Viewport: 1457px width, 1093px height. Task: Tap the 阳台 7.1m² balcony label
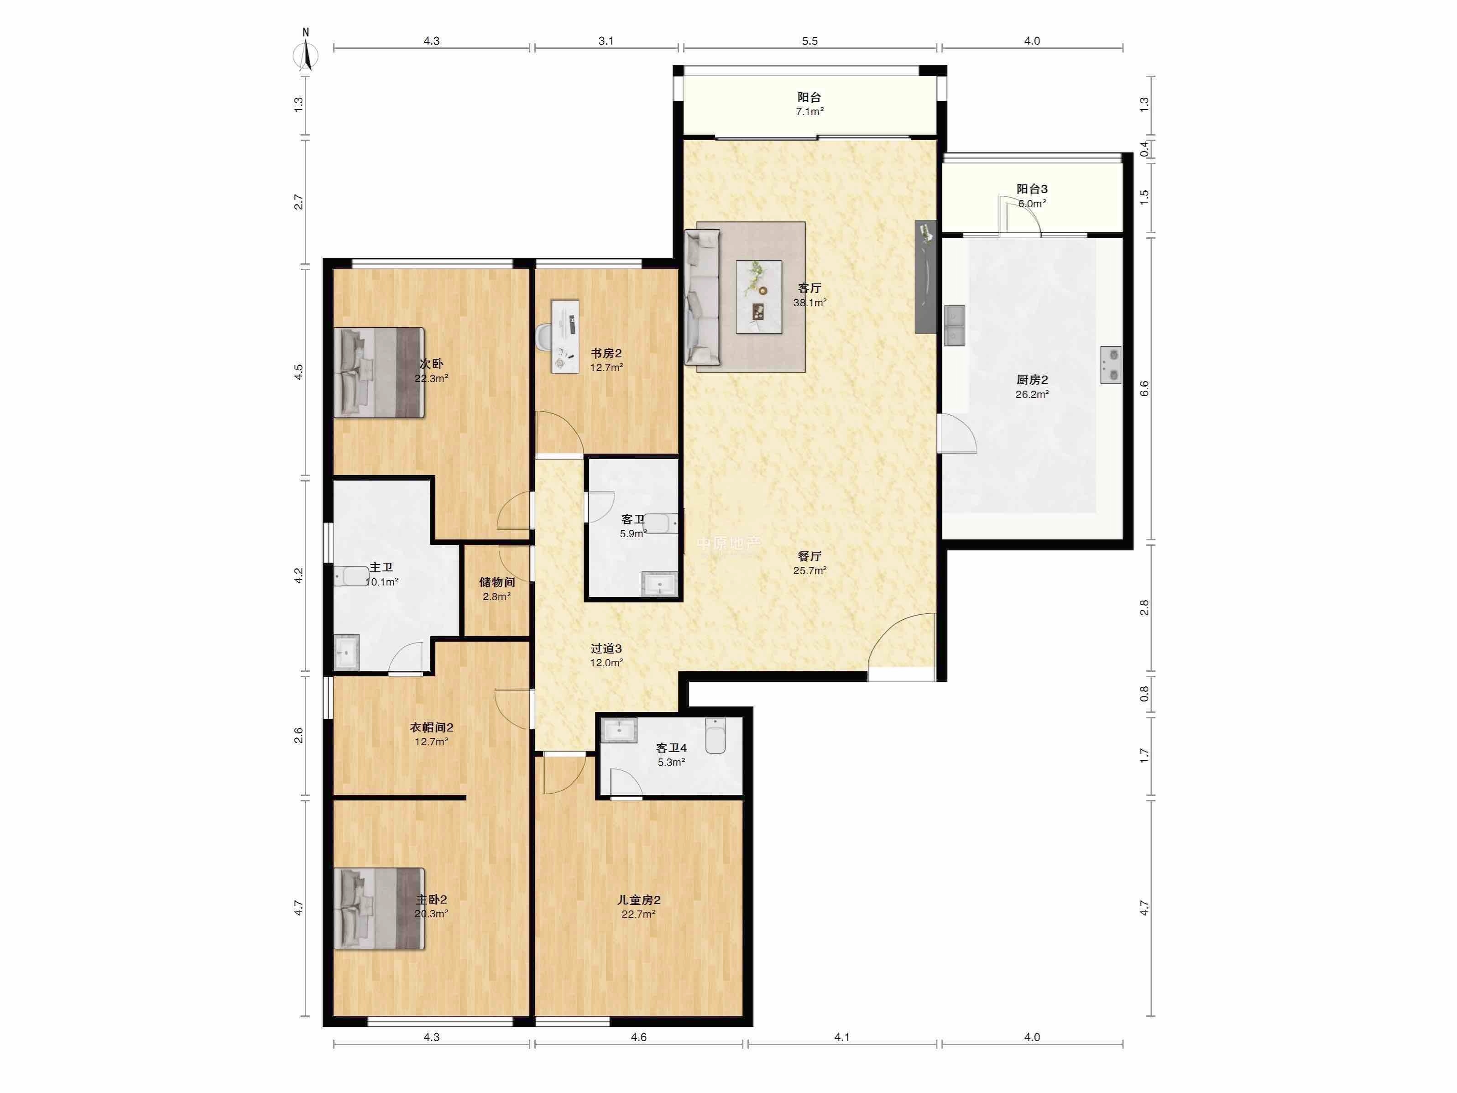click(x=809, y=104)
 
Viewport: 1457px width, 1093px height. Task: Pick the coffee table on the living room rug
click(x=759, y=297)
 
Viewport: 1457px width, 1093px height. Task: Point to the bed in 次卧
click(x=379, y=372)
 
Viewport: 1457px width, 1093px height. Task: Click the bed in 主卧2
click(x=379, y=909)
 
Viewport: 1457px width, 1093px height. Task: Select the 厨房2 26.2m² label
click(x=1032, y=387)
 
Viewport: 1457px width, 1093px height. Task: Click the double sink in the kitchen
click(x=955, y=325)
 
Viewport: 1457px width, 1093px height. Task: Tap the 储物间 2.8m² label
click(x=496, y=589)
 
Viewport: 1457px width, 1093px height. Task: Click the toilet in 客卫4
click(x=715, y=736)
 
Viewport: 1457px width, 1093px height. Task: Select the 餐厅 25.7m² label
click(x=809, y=563)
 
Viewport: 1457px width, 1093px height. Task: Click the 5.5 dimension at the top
click(x=809, y=41)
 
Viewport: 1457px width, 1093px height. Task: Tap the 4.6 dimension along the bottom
click(x=638, y=1037)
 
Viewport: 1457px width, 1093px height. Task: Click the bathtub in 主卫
click(x=351, y=576)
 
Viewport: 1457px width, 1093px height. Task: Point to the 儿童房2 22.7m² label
click(x=638, y=906)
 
